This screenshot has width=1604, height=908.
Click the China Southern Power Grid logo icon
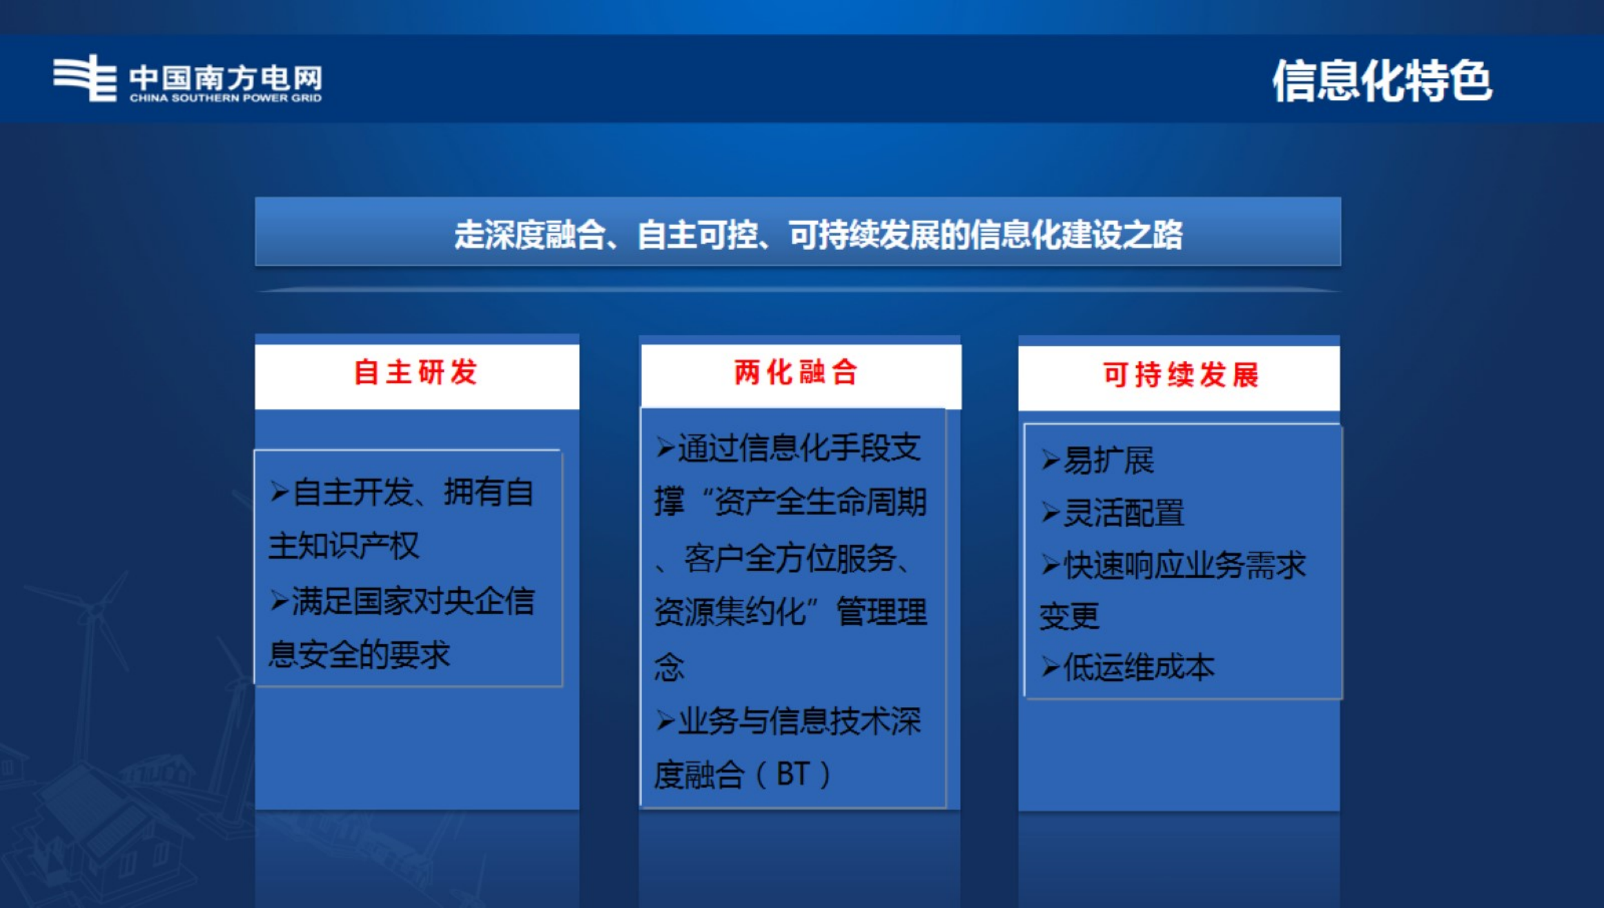tap(84, 78)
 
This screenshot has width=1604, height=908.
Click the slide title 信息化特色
tap(1382, 81)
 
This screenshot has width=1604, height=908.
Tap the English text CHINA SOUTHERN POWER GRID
tap(226, 98)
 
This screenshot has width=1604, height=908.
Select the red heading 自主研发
tap(415, 373)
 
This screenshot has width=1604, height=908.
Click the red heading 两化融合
tap(796, 373)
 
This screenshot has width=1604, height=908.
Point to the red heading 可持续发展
tap(1181, 376)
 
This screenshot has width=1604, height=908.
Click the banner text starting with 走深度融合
tap(818, 235)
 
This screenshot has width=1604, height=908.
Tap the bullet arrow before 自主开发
tap(280, 492)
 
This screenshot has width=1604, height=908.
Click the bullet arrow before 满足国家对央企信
tap(280, 601)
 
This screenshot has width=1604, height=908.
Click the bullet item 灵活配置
tap(1124, 513)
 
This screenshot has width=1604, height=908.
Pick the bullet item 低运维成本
tap(1139, 668)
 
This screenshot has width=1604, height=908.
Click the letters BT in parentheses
tap(792, 775)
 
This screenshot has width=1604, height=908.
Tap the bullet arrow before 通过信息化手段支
tap(665, 447)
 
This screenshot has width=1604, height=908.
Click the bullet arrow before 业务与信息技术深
tap(665, 721)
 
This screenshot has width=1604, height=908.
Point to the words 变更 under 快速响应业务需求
tap(1069, 616)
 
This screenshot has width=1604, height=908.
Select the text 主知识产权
tap(344, 546)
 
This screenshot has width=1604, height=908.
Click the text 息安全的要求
tap(359, 655)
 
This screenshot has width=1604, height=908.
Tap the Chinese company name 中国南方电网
tap(226, 77)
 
